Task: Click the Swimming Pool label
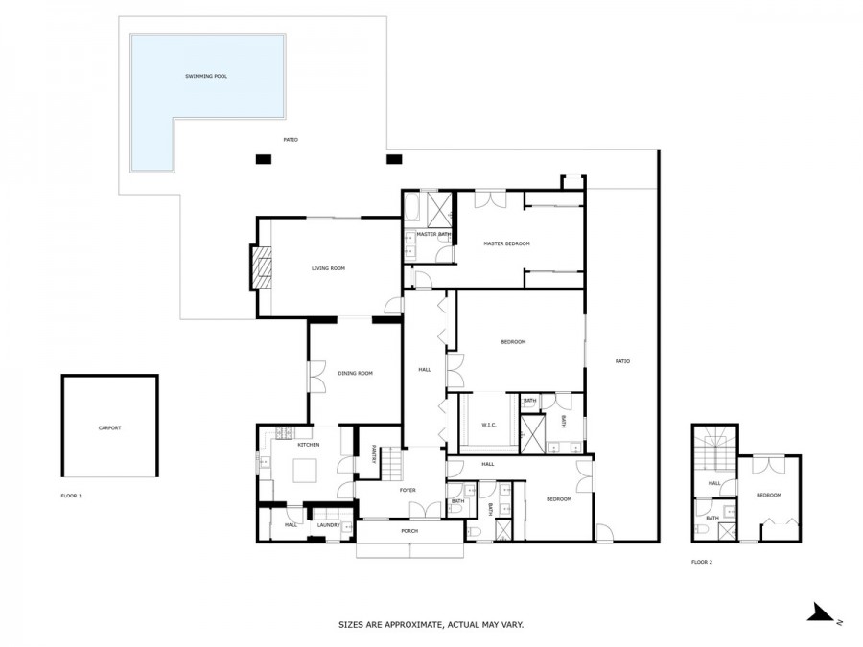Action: (206, 76)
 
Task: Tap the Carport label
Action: (109, 428)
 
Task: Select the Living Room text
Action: (328, 268)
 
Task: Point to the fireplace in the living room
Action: (262, 266)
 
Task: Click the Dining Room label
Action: (355, 373)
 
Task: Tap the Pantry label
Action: (373, 454)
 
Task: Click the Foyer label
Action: (408, 490)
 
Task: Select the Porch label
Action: (409, 531)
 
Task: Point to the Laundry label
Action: (329, 525)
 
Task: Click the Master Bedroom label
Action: (506, 243)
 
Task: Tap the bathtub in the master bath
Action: (412, 206)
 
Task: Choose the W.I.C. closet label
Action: (489, 425)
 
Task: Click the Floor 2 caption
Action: (702, 563)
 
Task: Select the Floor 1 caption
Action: (71, 496)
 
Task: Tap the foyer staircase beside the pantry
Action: (391, 464)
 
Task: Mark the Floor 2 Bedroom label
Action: (768, 496)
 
